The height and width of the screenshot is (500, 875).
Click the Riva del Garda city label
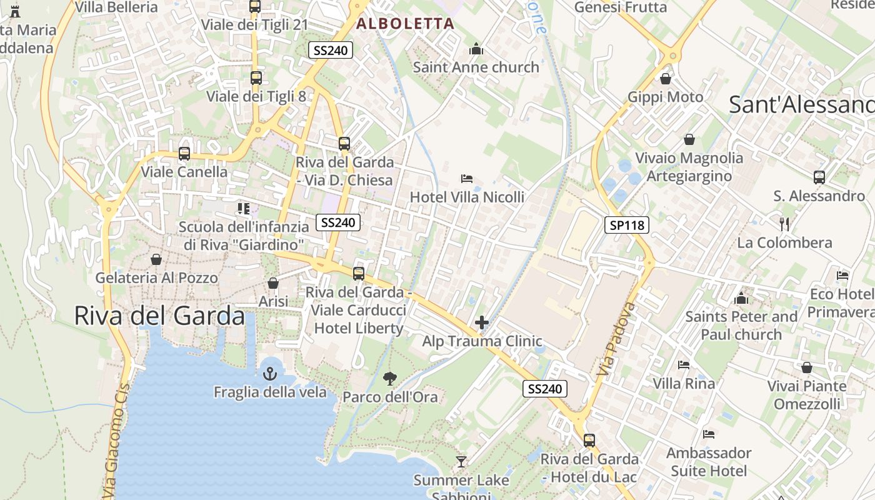(x=159, y=316)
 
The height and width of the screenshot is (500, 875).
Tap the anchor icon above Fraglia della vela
(x=270, y=374)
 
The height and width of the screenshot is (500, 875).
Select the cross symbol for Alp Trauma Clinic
(x=482, y=322)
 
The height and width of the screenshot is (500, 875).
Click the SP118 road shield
(x=627, y=225)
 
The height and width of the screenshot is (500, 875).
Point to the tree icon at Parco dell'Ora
(x=390, y=378)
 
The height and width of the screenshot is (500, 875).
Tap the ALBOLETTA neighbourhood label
(x=405, y=24)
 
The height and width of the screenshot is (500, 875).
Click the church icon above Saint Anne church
(x=476, y=49)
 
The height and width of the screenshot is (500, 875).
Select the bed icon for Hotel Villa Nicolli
(x=467, y=179)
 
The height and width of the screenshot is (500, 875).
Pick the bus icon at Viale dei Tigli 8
(x=256, y=78)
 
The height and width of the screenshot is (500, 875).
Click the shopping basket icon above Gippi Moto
(x=666, y=79)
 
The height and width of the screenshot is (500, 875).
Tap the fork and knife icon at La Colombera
(x=785, y=224)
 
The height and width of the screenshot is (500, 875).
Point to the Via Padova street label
(x=616, y=340)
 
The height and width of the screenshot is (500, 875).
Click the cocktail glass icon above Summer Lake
(x=461, y=462)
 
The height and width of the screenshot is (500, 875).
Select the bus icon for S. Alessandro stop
(x=819, y=177)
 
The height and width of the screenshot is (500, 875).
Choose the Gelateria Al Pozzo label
(x=156, y=277)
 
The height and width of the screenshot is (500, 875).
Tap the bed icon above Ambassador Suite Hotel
(x=708, y=434)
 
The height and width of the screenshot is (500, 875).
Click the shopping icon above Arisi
(x=273, y=284)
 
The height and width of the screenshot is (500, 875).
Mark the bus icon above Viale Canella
(x=184, y=153)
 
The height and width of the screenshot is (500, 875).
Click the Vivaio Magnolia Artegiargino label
(x=689, y=167)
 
